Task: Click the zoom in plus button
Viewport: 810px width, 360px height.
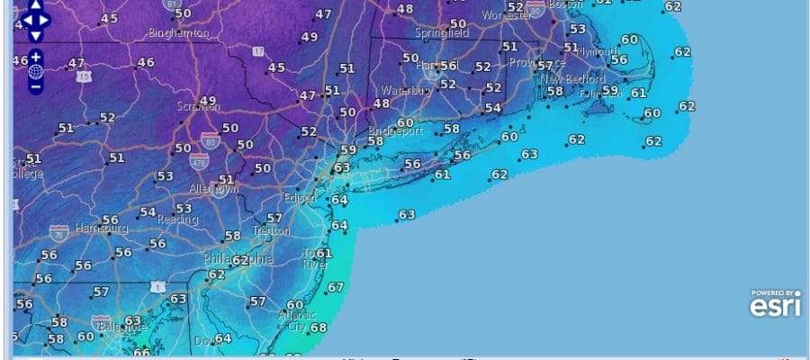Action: pyautogui.click(x=35, y=56)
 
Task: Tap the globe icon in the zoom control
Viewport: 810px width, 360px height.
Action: pyautogui.click(x=35, y=71)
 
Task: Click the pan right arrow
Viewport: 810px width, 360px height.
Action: pyautogui.click(x=45, y=19)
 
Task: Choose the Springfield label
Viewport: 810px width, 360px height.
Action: pyautogui.click(x=442, y=33)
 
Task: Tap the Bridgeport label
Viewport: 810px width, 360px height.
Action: pyautogui.click(x=397, y=130)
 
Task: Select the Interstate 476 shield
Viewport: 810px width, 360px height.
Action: pyautogui.click(x=200, y=163)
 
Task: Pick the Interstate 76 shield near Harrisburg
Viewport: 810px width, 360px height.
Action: pyautogui.click(x=59, y=231)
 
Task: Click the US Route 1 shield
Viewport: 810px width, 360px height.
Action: pyautogui.click(x=159, y=286)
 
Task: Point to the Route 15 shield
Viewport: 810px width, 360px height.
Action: pyautogui.click(x=85, y=77)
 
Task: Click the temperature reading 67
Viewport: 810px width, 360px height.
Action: pyautogui.click(x=336, y=287)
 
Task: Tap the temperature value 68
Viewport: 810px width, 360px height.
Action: pyautogui.click(x=318, y=328)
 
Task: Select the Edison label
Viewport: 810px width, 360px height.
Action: pyautogui.click(x=300, y=197)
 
